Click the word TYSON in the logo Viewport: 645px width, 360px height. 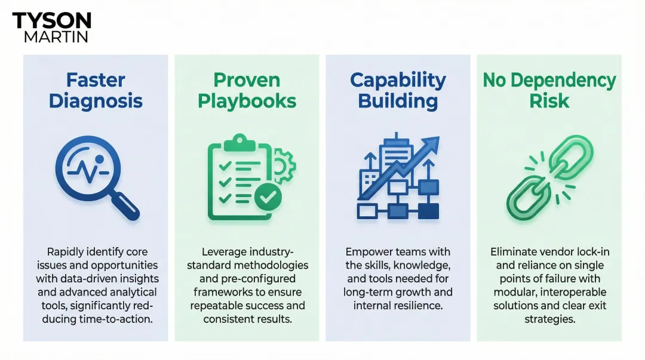pos(51,21)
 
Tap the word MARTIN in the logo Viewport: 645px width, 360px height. pos(56,37)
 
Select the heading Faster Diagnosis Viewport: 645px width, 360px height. pos(96,90)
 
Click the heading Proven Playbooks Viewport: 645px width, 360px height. pos(247,90)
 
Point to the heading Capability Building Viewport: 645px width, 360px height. pos(398,90)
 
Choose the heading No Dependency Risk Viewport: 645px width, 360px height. pos(549,90)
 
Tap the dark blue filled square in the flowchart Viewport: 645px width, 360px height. pos(428,210)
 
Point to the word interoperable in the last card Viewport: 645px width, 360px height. pos(573,291)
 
